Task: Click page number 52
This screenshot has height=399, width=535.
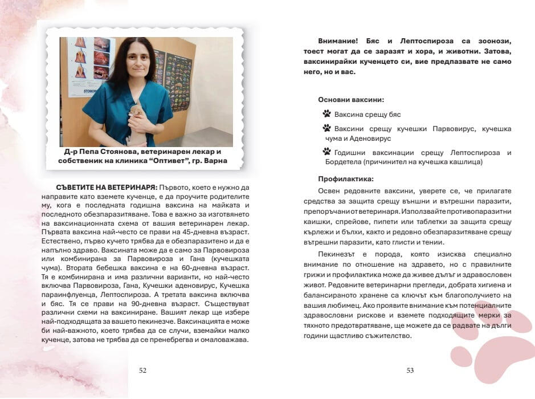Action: (x=143, y=370)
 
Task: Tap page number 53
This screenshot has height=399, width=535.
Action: (x=410, y=370)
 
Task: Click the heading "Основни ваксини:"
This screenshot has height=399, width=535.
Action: (x=351, y=99)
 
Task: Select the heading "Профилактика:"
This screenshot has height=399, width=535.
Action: (x=346, y=178)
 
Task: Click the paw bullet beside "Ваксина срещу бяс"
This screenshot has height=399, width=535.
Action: (x=326, y=114)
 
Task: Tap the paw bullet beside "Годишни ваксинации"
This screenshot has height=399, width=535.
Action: (x=326, y=152)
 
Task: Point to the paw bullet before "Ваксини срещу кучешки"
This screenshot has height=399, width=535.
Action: (x=326, y=128)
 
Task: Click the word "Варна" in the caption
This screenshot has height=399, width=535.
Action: (x=215, y=161)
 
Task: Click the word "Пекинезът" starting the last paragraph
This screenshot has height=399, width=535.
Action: (x=337, y=254)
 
